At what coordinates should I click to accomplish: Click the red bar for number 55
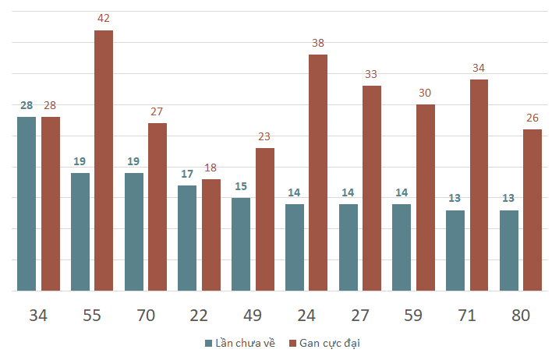coord(104,161)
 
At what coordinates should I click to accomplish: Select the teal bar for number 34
coord(27,203)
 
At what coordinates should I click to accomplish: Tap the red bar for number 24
coord(318,172)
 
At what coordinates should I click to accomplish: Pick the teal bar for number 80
coord(508,250)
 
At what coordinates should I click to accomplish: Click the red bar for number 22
coord(211,235)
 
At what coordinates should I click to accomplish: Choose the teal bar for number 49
coord(241,244)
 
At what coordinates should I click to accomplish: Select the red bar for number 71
coord(479,185)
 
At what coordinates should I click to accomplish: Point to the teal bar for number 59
coord(402,247)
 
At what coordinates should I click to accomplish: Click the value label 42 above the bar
coord(104,18)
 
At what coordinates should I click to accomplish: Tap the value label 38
coord(318,43)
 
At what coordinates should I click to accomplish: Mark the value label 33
coord(372,74)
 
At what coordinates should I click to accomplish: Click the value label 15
coord(241,186)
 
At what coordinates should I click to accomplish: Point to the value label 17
coord(187,174)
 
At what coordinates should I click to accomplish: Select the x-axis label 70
coord(146,316)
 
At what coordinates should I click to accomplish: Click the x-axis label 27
coord(359,316)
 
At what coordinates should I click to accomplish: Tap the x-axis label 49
coord(253,316)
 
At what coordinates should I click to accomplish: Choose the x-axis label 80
coord(520,316)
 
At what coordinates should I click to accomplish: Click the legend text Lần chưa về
coord(245,343)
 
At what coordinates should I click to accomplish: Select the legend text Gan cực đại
coord(330,343)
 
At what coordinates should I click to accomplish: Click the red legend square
coord(293,343)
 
